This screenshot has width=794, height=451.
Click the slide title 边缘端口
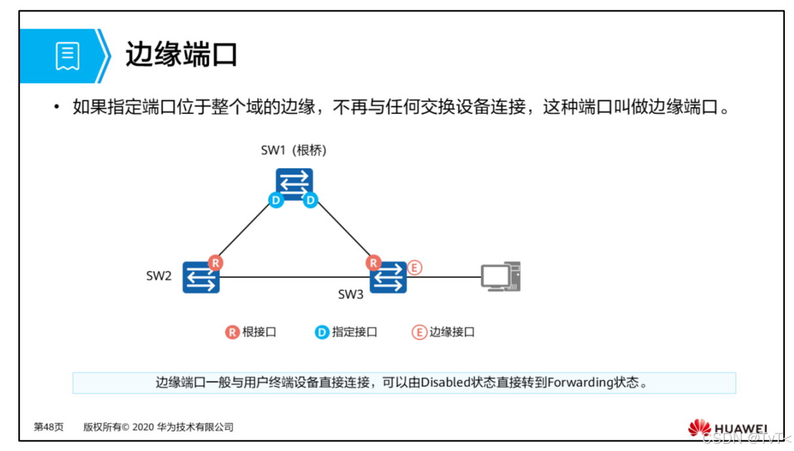(181, 56)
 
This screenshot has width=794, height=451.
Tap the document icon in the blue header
(67, 56)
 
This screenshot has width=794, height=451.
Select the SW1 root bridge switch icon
(293, 184)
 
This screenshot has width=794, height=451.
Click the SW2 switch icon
(200, 278)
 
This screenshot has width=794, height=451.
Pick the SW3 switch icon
(388, 278)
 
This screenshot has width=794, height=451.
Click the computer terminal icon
(501, 277)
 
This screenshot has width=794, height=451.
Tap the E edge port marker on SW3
(413, 267)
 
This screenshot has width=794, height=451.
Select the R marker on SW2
(216, 263)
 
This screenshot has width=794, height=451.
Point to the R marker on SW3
(373, 263)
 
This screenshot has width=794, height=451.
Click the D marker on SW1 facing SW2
(276, 200)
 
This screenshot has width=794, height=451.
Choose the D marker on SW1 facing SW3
(311, 200)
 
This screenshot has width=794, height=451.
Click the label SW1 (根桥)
(293, 151)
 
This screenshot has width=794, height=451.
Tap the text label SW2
(159, 276)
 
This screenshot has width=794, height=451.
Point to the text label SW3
(350, 295)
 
